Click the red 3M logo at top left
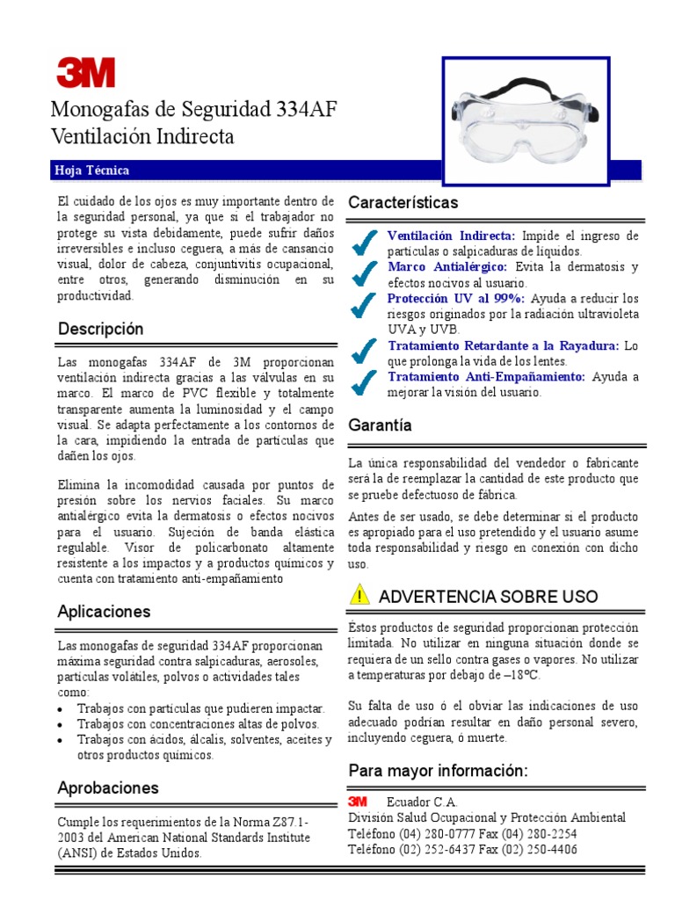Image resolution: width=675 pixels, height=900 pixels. tap(85, 72)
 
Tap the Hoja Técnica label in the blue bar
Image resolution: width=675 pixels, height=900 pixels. tap(92, 171)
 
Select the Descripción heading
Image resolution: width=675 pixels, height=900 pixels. tap(100, 329)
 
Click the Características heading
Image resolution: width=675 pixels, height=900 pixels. tap(403, 203)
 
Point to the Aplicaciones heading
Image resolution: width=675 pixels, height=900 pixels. tap(104, 611)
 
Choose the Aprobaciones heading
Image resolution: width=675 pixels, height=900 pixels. tap(108, 787)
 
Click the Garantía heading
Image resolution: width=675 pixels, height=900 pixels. tap(380, 425)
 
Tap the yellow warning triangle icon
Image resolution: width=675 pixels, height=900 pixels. tap(359, 595)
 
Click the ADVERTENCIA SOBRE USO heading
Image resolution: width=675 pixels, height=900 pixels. tap(488, 597)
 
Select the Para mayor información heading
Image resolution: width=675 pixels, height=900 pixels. tap(438, 771)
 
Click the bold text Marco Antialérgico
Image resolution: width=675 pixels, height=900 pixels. tap(446, 266)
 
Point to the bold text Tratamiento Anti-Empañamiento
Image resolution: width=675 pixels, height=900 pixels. tap(486, 376)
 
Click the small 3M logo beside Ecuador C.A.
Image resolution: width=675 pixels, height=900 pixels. tap(357, 802)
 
